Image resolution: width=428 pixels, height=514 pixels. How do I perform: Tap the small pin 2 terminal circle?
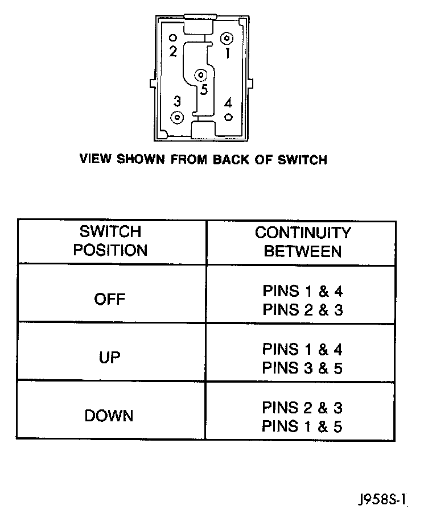tap(172, 38)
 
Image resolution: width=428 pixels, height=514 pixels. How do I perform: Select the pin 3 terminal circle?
tap(178, 118)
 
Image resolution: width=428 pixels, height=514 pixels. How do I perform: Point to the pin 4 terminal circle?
tap(228, 117)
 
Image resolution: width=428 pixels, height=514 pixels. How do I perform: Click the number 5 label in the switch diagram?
tap(204, 89)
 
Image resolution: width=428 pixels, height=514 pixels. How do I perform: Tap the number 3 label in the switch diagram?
tap(178, 101)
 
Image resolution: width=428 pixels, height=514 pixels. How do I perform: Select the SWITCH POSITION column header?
tap(110, 241)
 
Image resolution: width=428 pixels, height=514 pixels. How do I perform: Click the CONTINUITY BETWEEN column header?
tap(302, 241)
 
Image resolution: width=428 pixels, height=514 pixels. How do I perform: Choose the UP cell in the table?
tap(110, 358)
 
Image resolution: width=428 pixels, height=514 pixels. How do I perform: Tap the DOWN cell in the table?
tap(109, 416)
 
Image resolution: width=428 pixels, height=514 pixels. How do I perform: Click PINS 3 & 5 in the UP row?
tap(302, 368)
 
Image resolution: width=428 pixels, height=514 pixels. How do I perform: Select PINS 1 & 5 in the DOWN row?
tap(302, 426)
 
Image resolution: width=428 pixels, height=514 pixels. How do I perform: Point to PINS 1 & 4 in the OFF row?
tap(302, 291)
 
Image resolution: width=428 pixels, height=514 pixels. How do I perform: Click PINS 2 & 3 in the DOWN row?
tap(302, 408)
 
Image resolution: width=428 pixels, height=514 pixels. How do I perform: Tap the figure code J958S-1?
tap(384, 499)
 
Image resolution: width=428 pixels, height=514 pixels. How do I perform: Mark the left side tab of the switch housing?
tap(151, 83)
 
